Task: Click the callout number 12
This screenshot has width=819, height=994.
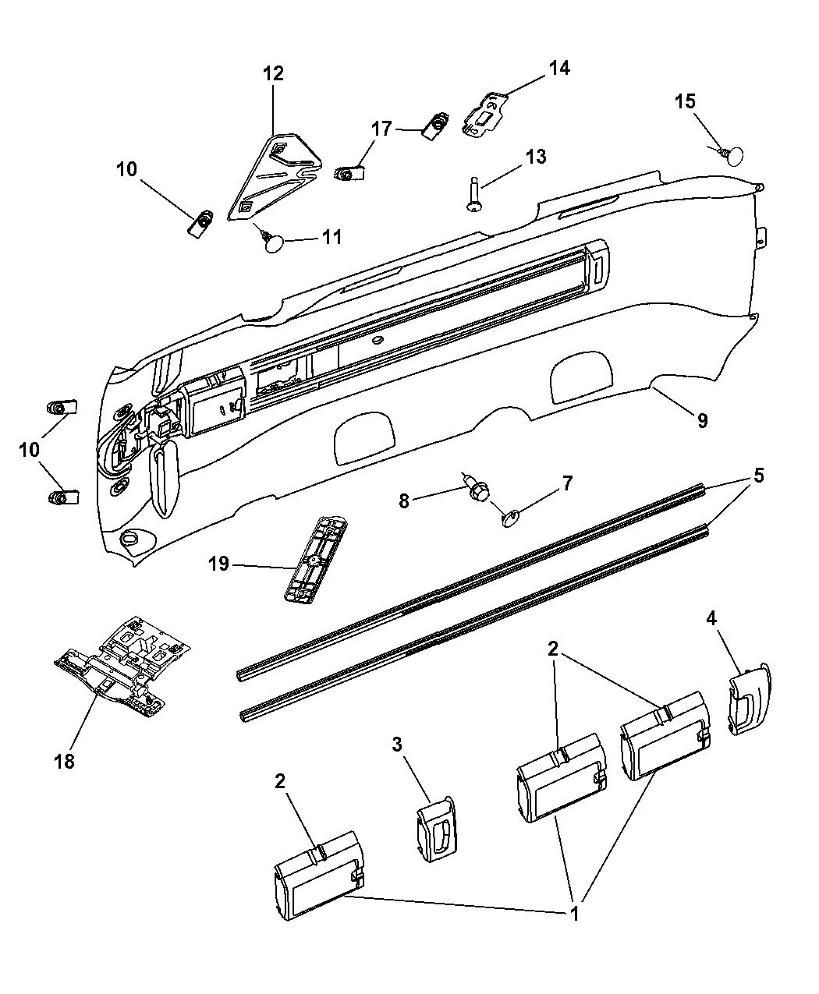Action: pos(272,73)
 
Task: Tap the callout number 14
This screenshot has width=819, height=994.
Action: pos(558,68)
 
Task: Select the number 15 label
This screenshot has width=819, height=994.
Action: pos(685,101)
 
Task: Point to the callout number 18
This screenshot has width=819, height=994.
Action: pos(65,761)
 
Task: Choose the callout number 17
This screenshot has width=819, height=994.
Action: pos(381,128)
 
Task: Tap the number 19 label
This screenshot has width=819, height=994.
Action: pos(219,563)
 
